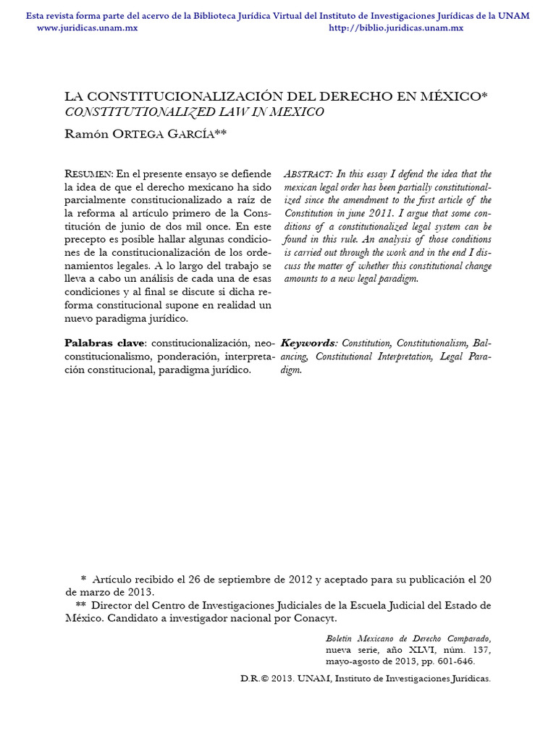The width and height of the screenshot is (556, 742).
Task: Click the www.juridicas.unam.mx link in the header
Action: [87, 28]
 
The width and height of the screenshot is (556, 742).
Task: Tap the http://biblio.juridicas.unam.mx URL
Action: [396, 28]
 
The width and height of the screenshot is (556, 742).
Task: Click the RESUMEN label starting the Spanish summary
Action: [88, 174]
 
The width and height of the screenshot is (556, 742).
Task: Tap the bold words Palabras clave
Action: [105, 343]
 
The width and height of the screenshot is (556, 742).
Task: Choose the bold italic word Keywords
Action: [308, 343]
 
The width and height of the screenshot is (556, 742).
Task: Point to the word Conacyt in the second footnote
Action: [315, 618]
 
